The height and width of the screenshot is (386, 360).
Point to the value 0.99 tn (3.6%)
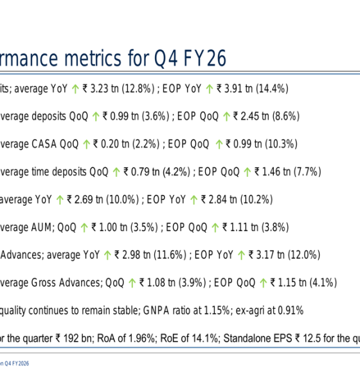coord(136,116)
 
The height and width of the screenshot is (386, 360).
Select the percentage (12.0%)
coord(303,255)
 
